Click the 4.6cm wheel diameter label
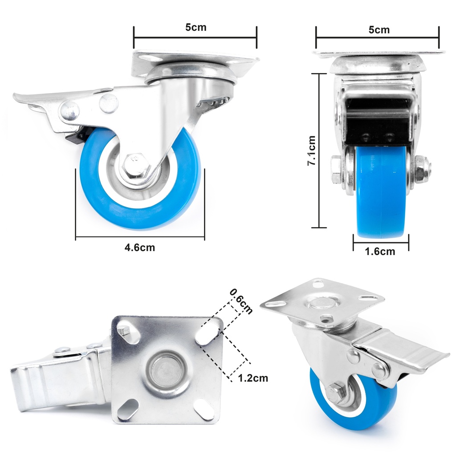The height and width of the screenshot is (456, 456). click(x=140, y=248)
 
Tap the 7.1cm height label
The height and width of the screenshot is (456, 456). click(x=312, y=151)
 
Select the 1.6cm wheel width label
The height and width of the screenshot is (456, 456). click(x=380, y=252)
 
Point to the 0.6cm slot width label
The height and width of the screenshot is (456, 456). click(x=241, y=301)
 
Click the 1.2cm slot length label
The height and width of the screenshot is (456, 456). click(x=253, y=379)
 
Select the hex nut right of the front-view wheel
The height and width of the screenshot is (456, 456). click(x=422, y=169)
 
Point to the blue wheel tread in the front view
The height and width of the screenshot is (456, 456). click(x=381, y=196)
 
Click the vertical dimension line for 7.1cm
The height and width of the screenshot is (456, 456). click(x=319, y=151)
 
